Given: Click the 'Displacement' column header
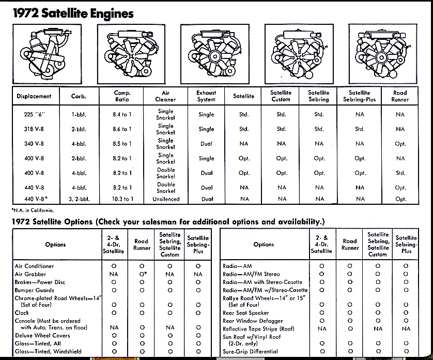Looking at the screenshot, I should tap(34, 96).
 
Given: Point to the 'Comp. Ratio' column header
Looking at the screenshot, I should tap(123, 96).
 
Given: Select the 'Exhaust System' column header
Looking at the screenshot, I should tap(206, 96).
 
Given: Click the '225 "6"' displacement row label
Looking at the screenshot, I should tap(34, 115).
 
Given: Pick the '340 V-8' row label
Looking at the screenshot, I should tap(34, 144).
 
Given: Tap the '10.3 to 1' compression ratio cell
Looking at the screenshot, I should tap(123, 199).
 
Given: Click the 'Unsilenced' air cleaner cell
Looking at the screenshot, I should tap(166, 199).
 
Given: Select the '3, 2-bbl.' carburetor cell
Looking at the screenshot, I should tap(79, 199).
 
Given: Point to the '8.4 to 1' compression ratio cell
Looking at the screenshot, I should tap(123, 115).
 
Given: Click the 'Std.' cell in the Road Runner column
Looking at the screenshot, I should tap(400, 173).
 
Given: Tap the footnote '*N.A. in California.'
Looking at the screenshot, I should tap(33, 210).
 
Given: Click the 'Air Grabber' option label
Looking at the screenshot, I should tap(30, 274).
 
